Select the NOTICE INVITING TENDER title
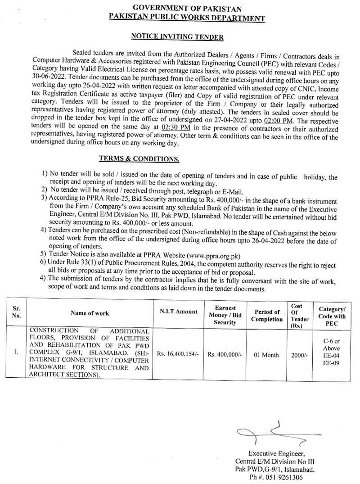coord(177,37)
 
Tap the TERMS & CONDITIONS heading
coord(139,158)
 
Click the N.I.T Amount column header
coord(178,312)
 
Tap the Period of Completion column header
coord(267,315)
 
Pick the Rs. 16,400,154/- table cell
coord(178,354)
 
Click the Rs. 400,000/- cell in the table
coord(225,354)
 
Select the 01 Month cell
coord(266,355)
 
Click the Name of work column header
coord(90,313)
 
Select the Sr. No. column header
coord(17,312)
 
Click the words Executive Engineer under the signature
coord(276,453)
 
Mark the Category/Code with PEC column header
coord(332,316)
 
